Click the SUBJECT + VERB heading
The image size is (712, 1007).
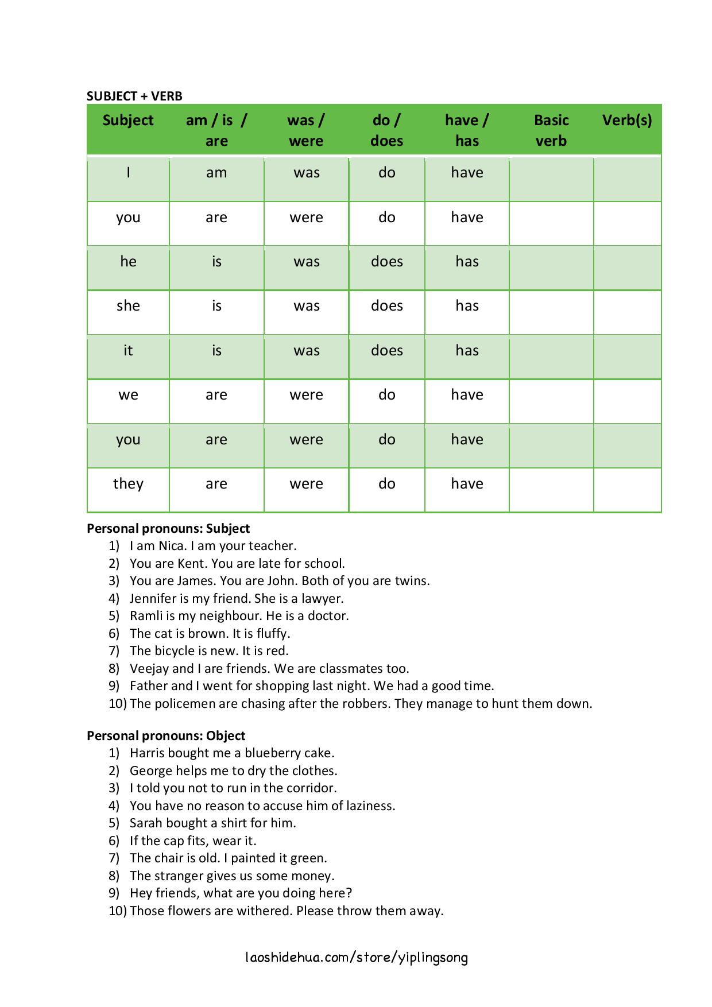coord(134,96)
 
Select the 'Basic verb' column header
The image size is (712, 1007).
coord(551,130)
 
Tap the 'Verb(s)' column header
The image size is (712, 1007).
coord(626,120)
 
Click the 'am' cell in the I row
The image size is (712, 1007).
coord(216,173)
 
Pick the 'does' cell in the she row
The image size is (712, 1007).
coord(386,306)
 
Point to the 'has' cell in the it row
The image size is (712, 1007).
coord(467,350)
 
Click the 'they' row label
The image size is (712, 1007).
coord(128,483)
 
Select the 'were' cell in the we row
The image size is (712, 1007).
coord(306,395)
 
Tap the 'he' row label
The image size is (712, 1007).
coord(128,262)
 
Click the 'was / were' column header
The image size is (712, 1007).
coord(306,130)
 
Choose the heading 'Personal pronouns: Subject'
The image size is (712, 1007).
coord(168,528)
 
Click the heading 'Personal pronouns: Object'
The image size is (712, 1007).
coord(166,735)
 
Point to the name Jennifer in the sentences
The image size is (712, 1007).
coord(153,598)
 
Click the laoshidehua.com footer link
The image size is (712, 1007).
coord(356,957)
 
